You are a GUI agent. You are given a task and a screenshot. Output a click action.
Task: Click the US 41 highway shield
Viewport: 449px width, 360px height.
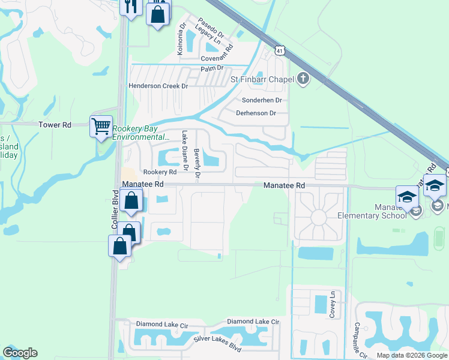(280, 52)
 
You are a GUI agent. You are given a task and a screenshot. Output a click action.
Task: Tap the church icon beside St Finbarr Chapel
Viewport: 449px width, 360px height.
(303, 79)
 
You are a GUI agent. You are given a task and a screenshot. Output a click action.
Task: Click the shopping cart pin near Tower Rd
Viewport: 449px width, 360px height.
(101, 127)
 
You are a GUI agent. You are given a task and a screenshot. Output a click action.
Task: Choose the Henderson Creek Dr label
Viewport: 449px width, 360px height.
(158, 86)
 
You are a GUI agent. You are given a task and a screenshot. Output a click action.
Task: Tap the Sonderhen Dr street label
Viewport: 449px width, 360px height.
(262, 100)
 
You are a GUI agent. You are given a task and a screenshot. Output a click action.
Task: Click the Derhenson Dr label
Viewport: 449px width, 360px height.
(256, 113)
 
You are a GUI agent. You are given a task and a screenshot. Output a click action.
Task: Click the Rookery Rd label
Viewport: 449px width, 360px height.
(159, 172)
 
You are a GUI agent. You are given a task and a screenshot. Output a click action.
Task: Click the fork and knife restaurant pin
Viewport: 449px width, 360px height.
(130, 7)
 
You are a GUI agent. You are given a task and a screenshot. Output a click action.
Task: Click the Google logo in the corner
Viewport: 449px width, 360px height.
(20, 353)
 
